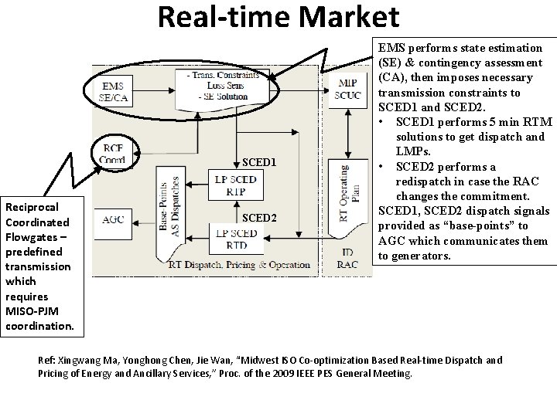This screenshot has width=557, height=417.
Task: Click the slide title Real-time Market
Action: tap(278, 17)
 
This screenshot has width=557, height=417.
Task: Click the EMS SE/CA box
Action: tap(116, 90)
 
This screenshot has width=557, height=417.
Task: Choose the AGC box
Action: tap(116, 219)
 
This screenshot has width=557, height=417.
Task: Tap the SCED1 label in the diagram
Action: tap(259, 163)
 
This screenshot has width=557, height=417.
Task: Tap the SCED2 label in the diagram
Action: tap(259, 217)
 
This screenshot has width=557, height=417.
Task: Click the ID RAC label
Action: tap(347, 259)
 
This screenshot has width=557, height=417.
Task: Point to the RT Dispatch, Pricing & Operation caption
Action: tap(239, 265)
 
